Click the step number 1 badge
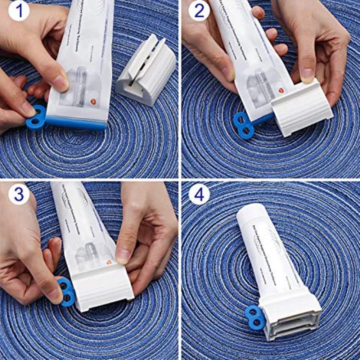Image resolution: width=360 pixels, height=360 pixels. pos(18,10)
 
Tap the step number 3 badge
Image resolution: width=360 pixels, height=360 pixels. pos(18,193)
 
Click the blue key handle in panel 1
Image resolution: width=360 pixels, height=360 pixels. pos(36,117)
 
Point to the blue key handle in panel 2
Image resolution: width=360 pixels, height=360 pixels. pos(244,125)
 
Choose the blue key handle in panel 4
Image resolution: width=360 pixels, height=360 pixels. pos(255,317)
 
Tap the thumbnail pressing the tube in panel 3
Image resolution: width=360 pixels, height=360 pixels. pos(123,255)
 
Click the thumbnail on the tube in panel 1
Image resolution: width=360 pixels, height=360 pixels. pos(60,82)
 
